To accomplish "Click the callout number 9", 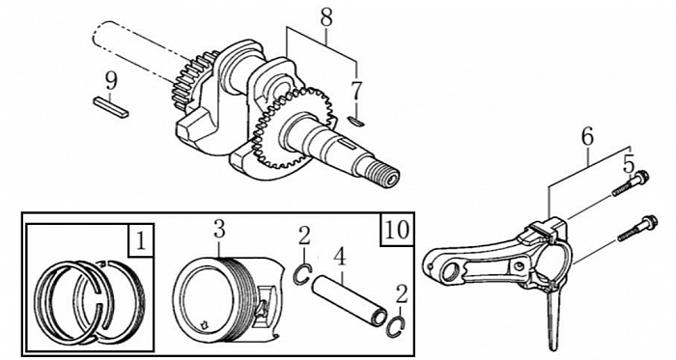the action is point(111,81).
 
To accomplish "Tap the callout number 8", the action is point(326,18).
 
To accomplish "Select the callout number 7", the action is point(356,92).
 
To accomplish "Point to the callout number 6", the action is point(587,136).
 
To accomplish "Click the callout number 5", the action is point(628,165).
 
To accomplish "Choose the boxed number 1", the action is point(141,240).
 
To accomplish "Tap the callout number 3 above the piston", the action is point(219,230).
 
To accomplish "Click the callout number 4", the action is point(340,257).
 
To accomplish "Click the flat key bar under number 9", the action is point(111,107).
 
